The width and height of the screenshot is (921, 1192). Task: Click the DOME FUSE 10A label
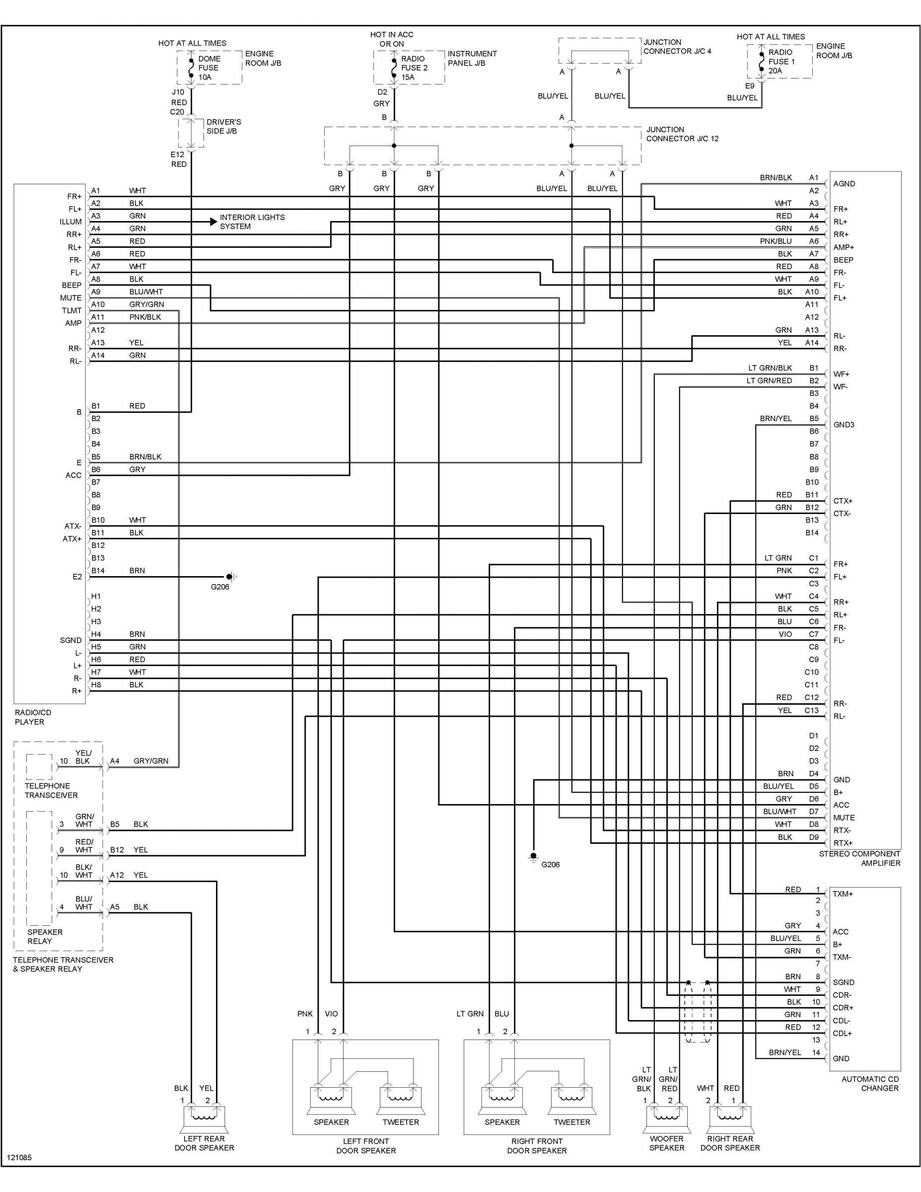[x=209, y=68]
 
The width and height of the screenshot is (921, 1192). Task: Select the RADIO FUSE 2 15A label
[x=414, y=68]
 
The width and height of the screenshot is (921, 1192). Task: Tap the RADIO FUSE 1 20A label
[x=781, y=62]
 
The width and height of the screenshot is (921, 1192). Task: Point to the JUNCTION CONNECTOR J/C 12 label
[x=682, y=134]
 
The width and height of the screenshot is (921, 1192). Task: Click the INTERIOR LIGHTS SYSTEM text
[x=252, y=222]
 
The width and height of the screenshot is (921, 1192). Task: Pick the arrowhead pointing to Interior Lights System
[x=213, y=222]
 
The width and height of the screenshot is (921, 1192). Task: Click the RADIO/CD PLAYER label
[x=33, y=717]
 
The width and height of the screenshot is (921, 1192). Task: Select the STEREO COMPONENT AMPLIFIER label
[x=859, y=859]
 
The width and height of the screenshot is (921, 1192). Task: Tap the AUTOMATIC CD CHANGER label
[x=870, y=1083]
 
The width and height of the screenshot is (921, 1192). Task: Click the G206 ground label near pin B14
[x=220, y=587]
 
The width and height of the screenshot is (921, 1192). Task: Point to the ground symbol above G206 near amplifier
[x=533, y=856]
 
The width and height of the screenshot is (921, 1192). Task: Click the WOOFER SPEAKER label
[x=666, y=1143]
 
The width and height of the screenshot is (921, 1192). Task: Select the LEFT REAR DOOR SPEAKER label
[x=204, y=1143]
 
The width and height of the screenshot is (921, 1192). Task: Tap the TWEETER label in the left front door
[x=401, y=1122]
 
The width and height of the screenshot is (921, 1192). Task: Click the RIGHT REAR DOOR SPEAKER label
[x=730, y=1143]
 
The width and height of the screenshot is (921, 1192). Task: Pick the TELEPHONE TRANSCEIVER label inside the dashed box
[x=51, y=790]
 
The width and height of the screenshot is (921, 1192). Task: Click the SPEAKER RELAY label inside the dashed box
[x=45, y=937]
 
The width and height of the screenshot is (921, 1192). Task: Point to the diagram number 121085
[x=19, y=1173]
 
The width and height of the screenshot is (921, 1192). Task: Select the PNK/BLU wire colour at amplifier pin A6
[x=776, y=241]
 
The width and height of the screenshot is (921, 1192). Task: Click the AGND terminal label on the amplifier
[x=844, y=184]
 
